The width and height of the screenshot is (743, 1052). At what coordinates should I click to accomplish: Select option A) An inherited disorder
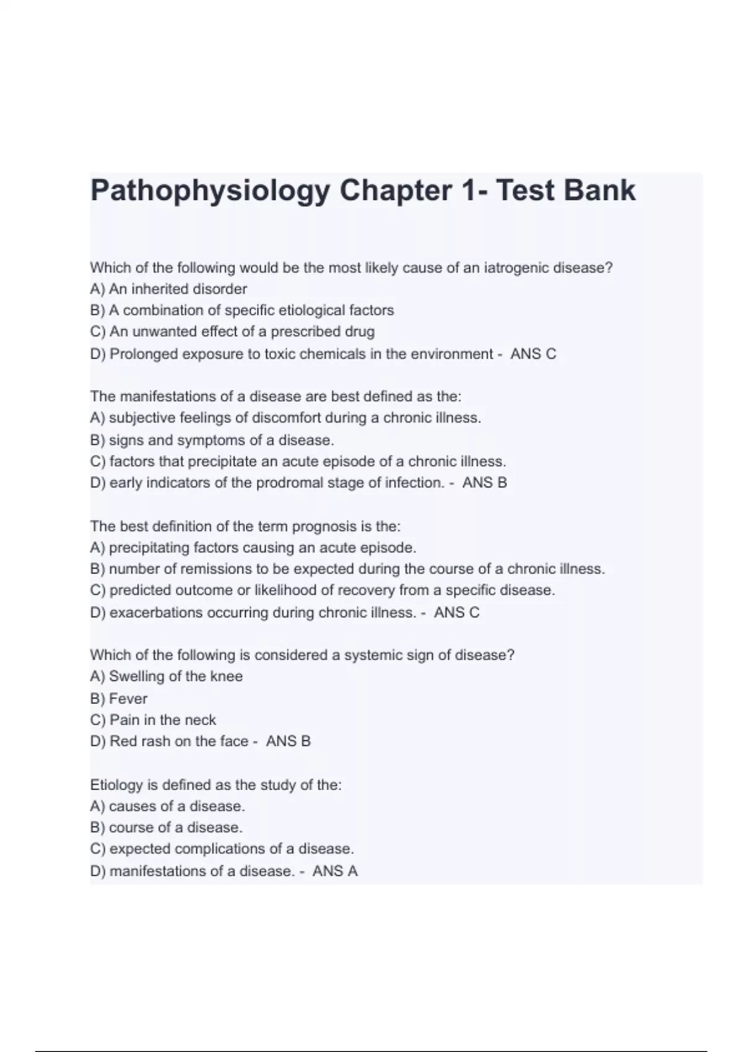tap(168, 289)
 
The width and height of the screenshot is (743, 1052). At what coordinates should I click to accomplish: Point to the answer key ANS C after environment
tap(533, 354)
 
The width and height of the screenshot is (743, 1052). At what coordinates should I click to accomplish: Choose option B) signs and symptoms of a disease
tap(212, 440)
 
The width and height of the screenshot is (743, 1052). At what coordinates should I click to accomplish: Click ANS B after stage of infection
tap(485, 483)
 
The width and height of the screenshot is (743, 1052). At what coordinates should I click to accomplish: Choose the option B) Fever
tap(119, 699)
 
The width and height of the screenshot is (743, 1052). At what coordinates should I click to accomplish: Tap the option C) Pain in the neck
tap(153, 720)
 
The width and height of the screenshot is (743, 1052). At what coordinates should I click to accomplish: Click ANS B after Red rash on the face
tap(289, 741)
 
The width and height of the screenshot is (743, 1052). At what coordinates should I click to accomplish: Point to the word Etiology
tap(116, 785)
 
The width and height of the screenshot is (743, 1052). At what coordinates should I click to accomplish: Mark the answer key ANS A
tap(335, 871)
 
